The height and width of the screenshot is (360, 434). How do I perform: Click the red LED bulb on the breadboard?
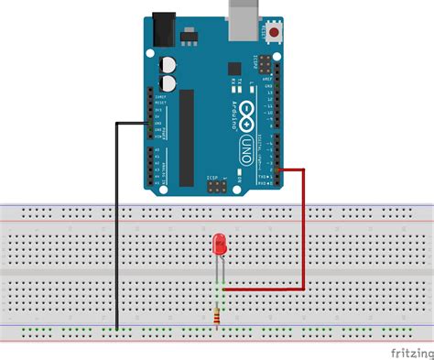tap(220, 245)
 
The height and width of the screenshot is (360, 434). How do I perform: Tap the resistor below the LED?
tap(218, 314)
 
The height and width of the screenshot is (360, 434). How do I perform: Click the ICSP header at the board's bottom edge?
tap(218, 186)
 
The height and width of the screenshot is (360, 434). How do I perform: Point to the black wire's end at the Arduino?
tap(152, 125)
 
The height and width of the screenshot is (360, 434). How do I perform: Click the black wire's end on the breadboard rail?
tap(117, 327)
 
